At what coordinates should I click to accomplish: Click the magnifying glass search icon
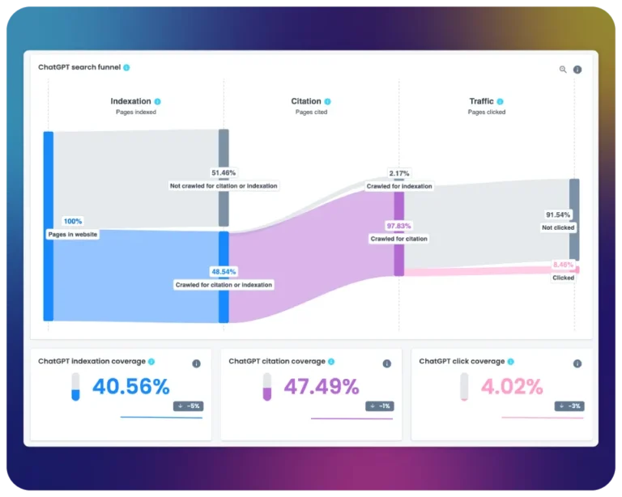(x=563, y=70)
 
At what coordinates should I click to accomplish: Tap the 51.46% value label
(x=224, y=172)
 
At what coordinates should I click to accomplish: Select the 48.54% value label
(x=224, y=271)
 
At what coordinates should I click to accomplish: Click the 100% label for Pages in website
(x=73, y=221)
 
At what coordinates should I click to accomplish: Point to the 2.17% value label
(x=399, y=173)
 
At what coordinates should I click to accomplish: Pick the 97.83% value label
(x=398, y=226)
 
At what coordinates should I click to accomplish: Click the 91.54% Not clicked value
(x=558, y=215)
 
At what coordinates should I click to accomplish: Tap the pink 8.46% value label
(x=563, y=265)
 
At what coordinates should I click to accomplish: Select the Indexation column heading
(x=130, y=101)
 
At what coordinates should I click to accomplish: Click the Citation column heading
(x=306, y=101)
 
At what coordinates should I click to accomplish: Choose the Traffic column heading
(x=482, y=101)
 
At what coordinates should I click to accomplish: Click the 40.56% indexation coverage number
(x=131, y=386)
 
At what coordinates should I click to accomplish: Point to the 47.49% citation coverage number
(x=322, y=386)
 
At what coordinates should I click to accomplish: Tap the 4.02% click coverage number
(x=512, y=386)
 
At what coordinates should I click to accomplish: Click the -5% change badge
(x=189, y=406)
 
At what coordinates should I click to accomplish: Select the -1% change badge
(x=380, y=406)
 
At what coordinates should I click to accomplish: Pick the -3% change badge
(x=569, y=406)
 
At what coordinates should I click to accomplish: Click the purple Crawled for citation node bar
(x=399, y=233)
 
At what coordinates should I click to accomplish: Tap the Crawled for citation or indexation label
(x=224, y=285)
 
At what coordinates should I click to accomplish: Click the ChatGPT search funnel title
(x=79, y=67)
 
